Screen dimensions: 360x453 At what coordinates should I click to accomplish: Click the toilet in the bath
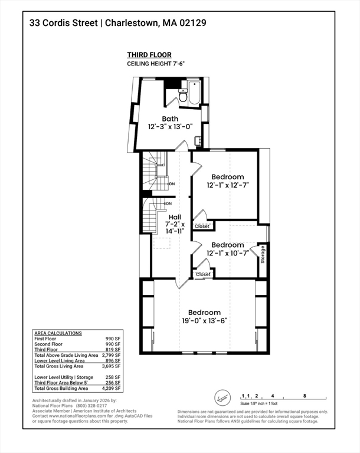[183, 96]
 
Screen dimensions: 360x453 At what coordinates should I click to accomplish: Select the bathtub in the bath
[194, 93]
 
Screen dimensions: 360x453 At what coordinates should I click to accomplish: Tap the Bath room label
[170, 119]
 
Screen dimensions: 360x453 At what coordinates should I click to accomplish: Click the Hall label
[175, 217]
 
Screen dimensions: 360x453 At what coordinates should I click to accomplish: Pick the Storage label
[263, 255]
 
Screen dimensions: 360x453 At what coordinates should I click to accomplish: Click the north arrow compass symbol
[222, 398]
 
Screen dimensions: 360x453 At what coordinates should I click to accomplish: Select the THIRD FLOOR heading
[149, 55]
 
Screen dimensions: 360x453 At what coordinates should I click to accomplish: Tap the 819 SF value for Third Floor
[113, 350]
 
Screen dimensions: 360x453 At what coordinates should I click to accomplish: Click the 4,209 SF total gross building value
[112, 388]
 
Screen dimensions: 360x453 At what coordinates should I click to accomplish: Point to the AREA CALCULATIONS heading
[58, 333]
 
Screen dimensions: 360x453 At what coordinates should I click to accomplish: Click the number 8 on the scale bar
[305, 396]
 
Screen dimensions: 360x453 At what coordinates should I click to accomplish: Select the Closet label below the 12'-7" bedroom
[202, 226]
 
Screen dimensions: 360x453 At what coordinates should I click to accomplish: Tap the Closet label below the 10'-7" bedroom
[203, 274]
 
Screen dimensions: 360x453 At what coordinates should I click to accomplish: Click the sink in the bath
[198, 141]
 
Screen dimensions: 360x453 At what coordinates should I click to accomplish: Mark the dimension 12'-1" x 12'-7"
[228, 185]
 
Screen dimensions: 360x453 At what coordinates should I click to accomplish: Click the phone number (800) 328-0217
[91, 406]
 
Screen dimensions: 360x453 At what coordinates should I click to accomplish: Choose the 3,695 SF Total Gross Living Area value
[112, 366]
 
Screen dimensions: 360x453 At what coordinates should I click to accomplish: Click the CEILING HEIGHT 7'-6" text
[156, 64]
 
